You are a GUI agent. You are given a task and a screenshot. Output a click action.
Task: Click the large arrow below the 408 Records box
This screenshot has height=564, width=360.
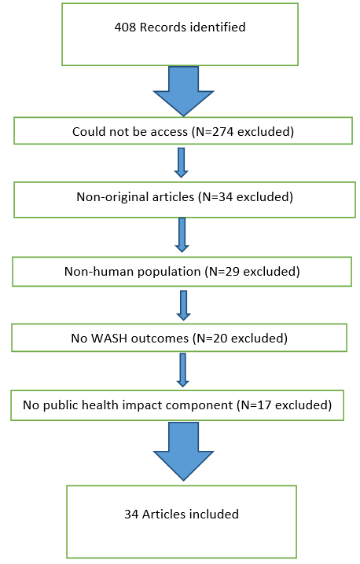(184, 91)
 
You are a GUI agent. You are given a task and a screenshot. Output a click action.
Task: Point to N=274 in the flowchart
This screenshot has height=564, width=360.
(214, 132)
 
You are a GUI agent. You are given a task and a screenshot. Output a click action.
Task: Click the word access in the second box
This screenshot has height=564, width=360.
(169, 133)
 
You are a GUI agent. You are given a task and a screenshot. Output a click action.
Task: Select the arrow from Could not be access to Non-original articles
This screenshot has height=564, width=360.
(181, 163)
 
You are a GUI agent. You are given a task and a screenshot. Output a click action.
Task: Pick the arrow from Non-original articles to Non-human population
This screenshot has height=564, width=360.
(182, 235)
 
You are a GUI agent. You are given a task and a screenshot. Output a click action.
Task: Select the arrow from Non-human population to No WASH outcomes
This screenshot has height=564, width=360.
(184, 306)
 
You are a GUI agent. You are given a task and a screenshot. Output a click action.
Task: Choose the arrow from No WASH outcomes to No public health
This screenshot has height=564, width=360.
(183, 370)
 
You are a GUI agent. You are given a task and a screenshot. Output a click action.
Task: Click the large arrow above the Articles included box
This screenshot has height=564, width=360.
(184, 452)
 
